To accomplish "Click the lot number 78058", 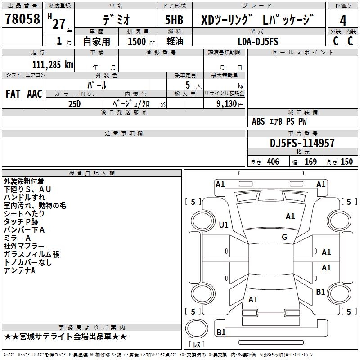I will click(22, 20).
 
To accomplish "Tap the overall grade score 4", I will click(343, 21).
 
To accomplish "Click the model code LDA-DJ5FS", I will click(258, 41).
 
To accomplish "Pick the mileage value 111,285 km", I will click(53, 64).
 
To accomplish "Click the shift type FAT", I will click(13, 94).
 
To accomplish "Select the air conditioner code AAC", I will click(35, 94).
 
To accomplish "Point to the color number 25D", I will click(74, 103).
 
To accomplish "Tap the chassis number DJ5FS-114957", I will click(302, 143).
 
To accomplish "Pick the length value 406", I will click(271, 162).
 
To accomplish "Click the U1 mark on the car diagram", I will click(224, 225).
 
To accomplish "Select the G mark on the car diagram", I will click(284, 237).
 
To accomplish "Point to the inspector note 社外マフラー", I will click(24, 246).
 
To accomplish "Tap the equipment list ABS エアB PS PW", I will click(280, 121).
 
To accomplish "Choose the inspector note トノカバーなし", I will click(28, 262).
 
